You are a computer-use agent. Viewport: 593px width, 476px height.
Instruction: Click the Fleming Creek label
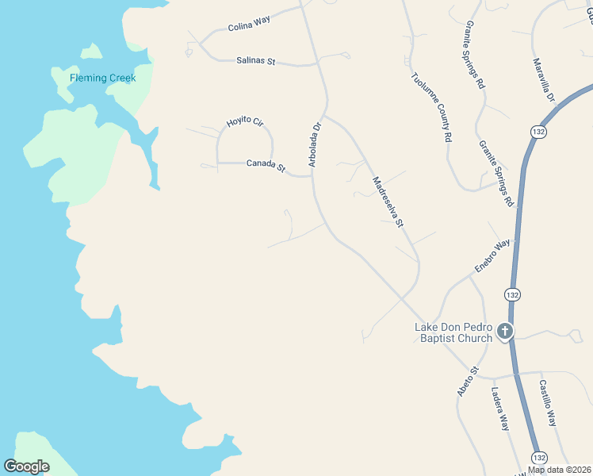point(102,78)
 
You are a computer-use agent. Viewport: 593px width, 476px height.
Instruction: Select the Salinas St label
point(256,60)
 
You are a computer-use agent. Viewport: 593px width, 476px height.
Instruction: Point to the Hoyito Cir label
point(244,121)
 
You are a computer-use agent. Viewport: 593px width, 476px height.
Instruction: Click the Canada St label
point(266,164)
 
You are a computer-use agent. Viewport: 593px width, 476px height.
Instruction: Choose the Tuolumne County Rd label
point(432,107)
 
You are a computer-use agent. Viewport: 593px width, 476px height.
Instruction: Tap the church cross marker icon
point(506,330)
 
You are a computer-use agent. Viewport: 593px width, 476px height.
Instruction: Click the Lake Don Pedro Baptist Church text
point(454,332)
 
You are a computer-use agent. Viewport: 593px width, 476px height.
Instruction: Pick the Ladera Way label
point(499,408)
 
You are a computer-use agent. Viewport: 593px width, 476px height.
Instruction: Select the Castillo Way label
point(548,403)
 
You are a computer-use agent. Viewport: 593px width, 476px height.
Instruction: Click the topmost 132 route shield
point(539,131)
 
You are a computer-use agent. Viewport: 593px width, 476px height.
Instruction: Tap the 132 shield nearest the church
point(512,294)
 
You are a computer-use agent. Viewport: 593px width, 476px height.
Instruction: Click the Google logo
point(27,466)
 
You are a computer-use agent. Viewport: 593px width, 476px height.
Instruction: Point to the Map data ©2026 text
point(559,470)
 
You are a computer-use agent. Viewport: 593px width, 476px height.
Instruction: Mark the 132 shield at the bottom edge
point(539,458)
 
